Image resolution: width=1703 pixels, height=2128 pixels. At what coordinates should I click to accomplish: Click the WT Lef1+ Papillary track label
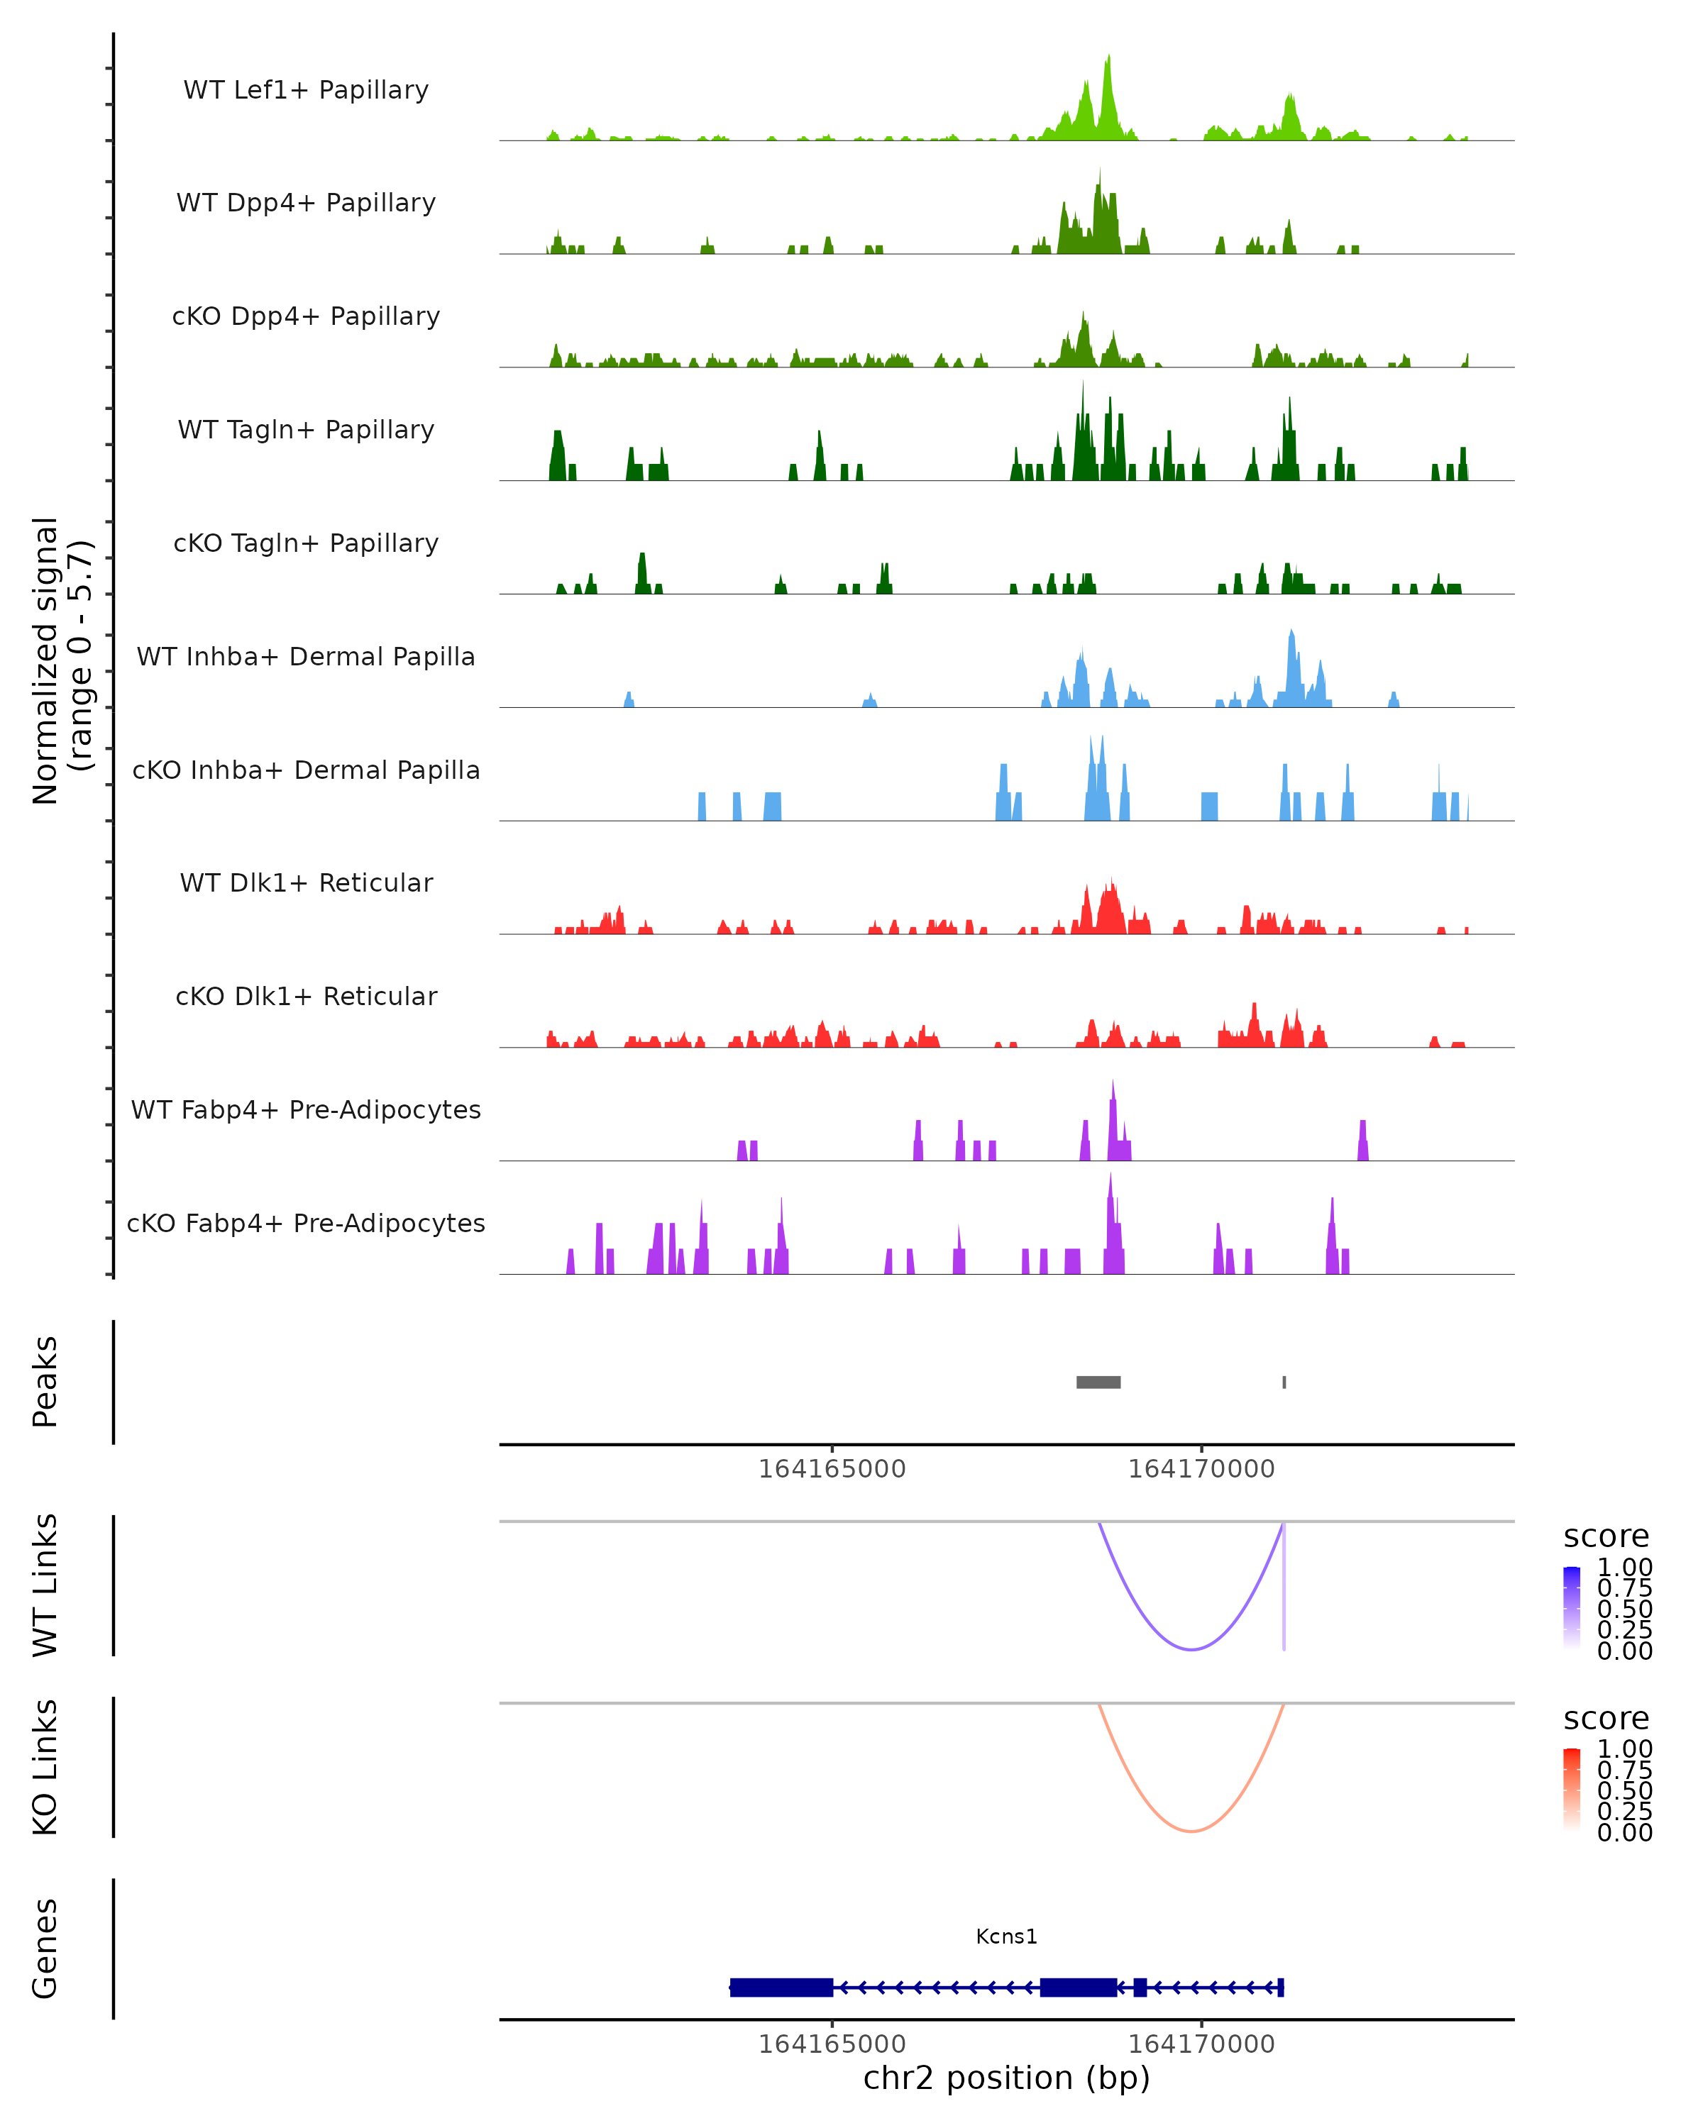click(306, 90)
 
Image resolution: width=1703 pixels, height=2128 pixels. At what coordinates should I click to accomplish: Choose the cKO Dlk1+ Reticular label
click(306, 996)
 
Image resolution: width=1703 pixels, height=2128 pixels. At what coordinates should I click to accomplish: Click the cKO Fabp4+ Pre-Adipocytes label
click(306, 1223)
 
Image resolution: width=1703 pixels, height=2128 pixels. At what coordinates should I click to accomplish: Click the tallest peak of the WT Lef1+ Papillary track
click(1108, 59)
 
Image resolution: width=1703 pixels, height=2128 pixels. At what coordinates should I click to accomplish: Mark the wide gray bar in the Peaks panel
click(1098, 1382)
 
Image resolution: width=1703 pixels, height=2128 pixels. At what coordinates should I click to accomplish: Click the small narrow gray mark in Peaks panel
click(1284, 1382)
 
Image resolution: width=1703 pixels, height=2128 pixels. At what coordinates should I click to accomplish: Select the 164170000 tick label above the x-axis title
click(1201, 2044)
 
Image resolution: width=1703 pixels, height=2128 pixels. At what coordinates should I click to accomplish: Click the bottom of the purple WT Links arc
click(1191, 1649)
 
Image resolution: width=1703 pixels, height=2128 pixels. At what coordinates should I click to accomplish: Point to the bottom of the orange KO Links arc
click(1191, 1831)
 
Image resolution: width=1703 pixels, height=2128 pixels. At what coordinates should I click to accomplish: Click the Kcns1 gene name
click(1006, 1936)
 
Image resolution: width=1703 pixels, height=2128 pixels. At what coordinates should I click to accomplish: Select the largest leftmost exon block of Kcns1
click(781, 1987)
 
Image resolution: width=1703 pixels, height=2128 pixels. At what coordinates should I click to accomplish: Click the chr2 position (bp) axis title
click(1006, 2078)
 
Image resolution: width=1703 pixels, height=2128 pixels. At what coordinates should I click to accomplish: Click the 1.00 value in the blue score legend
click(1624, 1568)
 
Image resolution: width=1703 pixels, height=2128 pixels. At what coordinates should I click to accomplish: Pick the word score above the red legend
click(1605, 1719)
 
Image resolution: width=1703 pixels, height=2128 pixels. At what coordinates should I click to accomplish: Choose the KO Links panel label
click(45, 1767)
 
